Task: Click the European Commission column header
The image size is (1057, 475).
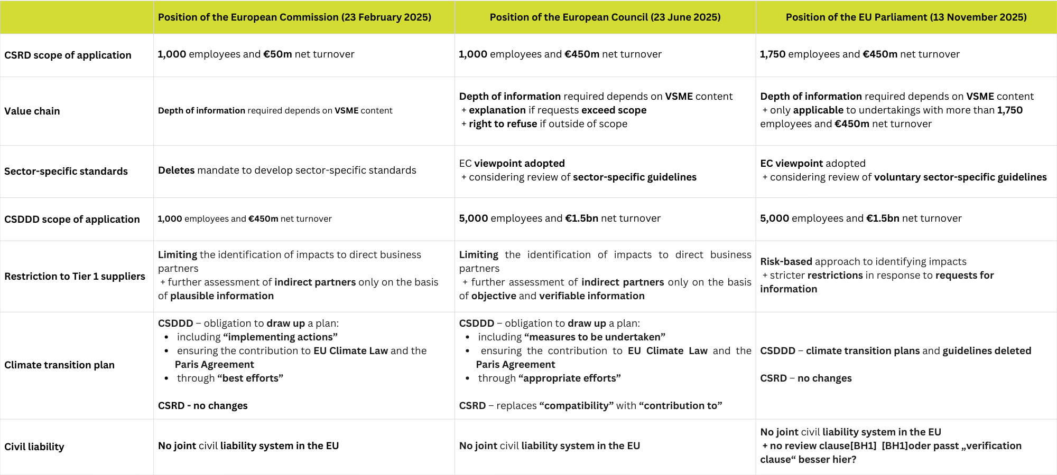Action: click(294, 17)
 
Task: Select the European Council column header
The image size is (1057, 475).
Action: click(605, 17)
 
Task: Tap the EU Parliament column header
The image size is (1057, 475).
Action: click(906, 17)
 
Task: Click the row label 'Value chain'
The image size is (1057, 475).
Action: click(32, 111)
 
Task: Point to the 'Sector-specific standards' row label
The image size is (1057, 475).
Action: click(66, 172)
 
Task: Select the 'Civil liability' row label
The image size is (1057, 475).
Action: click(34, 447)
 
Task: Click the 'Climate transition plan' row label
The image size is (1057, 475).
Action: click(59, 365)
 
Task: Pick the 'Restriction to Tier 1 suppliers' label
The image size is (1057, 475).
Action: click(75, 277)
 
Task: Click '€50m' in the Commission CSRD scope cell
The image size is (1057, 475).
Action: click(277, 54)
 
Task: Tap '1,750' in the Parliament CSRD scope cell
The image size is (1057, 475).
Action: click(773, 54)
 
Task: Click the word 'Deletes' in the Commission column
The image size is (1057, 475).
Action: click(177, 170)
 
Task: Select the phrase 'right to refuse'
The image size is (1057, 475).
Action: click(503, 124)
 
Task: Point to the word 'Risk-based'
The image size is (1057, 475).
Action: click(786, 262)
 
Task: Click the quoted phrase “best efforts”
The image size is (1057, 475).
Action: click(250, 378)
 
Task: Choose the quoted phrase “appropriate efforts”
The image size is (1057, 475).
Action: click(569, 378)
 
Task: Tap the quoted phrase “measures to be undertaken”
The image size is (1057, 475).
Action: click(595, 337)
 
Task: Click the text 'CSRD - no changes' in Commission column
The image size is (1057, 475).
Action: click(202, 406)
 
